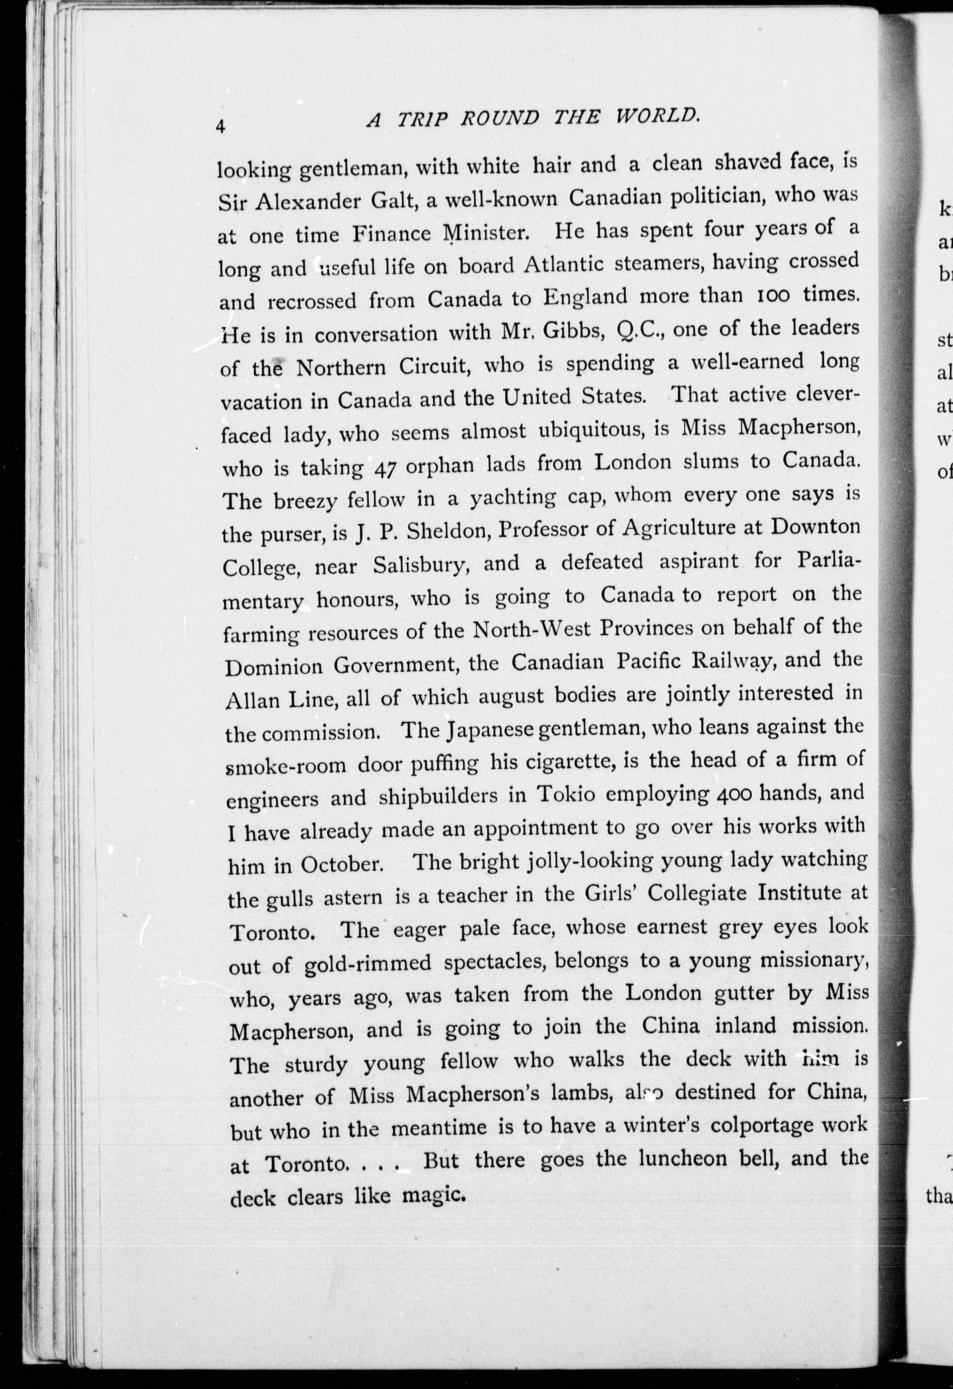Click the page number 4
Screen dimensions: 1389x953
pos(221,127)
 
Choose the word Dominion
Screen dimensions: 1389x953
pos(274,666)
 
